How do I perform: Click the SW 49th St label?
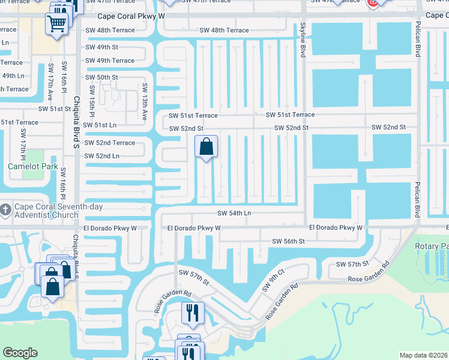click(101, 47)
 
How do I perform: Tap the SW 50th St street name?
click(101, 77)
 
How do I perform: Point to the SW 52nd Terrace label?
click(109, 143)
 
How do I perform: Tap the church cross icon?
click(5, 209)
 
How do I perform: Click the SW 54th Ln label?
click(234, 214)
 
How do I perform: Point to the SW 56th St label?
click(289, 241)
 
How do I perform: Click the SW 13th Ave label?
click(145, 103)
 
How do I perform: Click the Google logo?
click(20, 353)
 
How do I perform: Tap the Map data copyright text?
click(423, 355)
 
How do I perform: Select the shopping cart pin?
click(57, 25)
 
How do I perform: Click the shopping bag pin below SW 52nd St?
click(206, 146)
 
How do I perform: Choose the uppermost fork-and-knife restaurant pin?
click(193, 313)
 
